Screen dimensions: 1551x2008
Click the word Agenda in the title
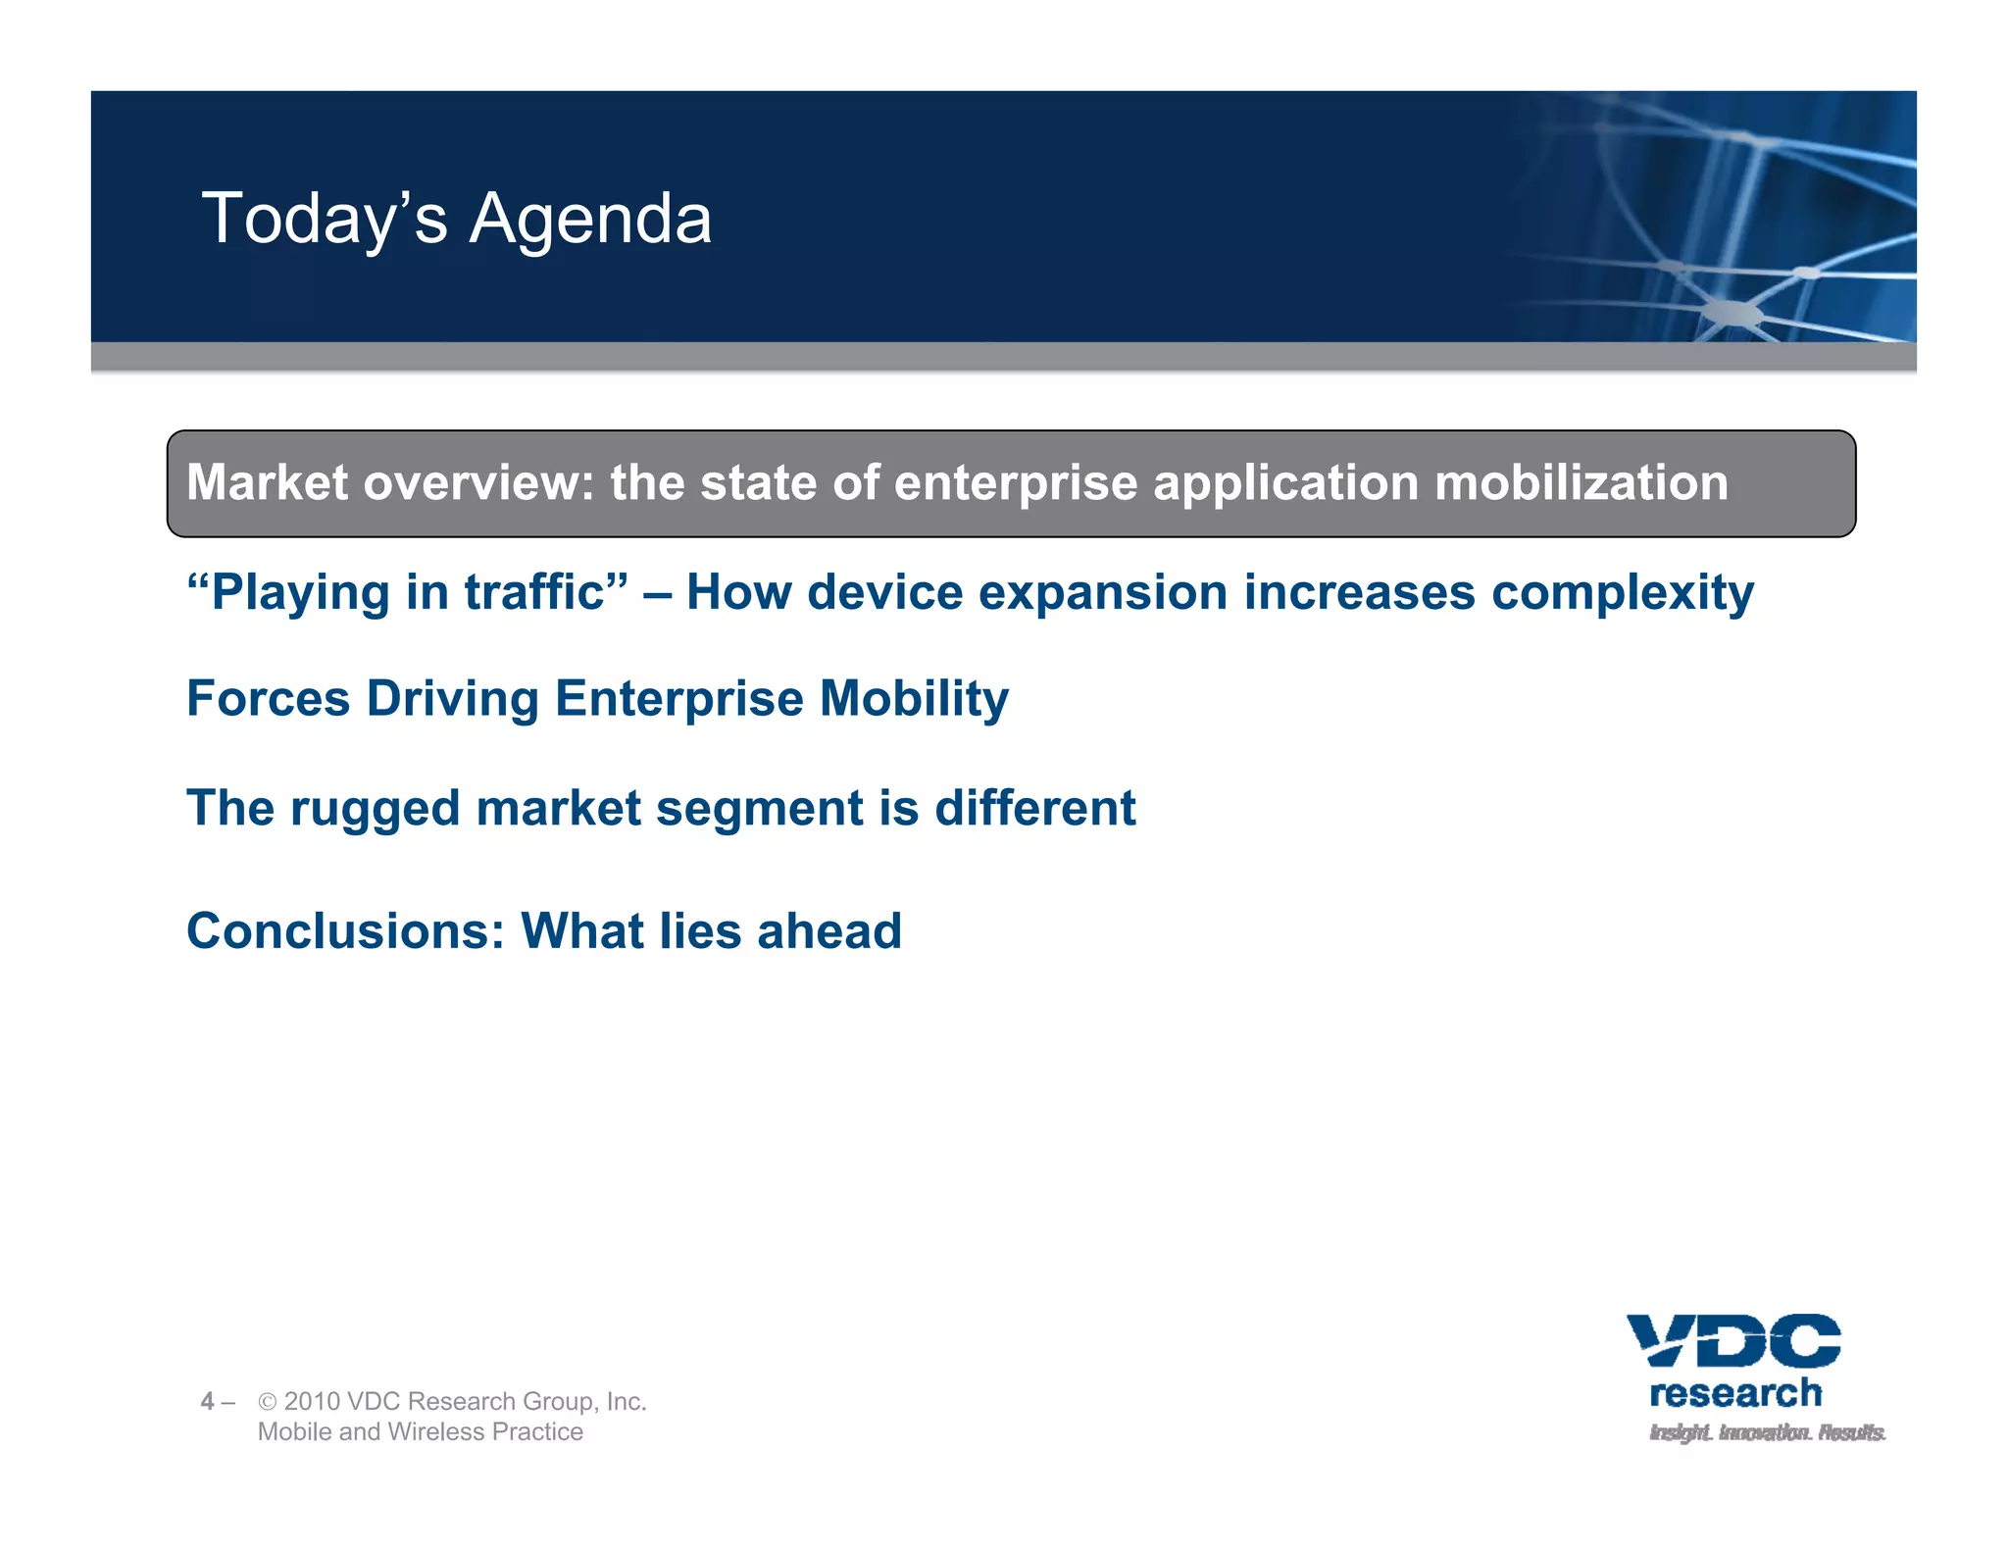[590, 220]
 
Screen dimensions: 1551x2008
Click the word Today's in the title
[325, 220]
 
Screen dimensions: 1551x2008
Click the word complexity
[1622, 594]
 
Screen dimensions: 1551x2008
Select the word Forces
[268, 699]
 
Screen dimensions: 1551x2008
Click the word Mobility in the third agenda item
[914, 700]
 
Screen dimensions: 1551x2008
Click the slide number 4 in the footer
[207, 1401]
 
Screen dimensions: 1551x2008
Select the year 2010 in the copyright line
[311, 1401]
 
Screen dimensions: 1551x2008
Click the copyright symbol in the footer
[267, 1402]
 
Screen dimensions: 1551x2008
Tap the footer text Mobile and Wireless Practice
[420, 1431]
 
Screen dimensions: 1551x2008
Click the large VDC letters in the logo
[1733, 1340]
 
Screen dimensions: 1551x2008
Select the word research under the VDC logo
[1735, 1393]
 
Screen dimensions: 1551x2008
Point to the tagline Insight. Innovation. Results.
[1767, 1432]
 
